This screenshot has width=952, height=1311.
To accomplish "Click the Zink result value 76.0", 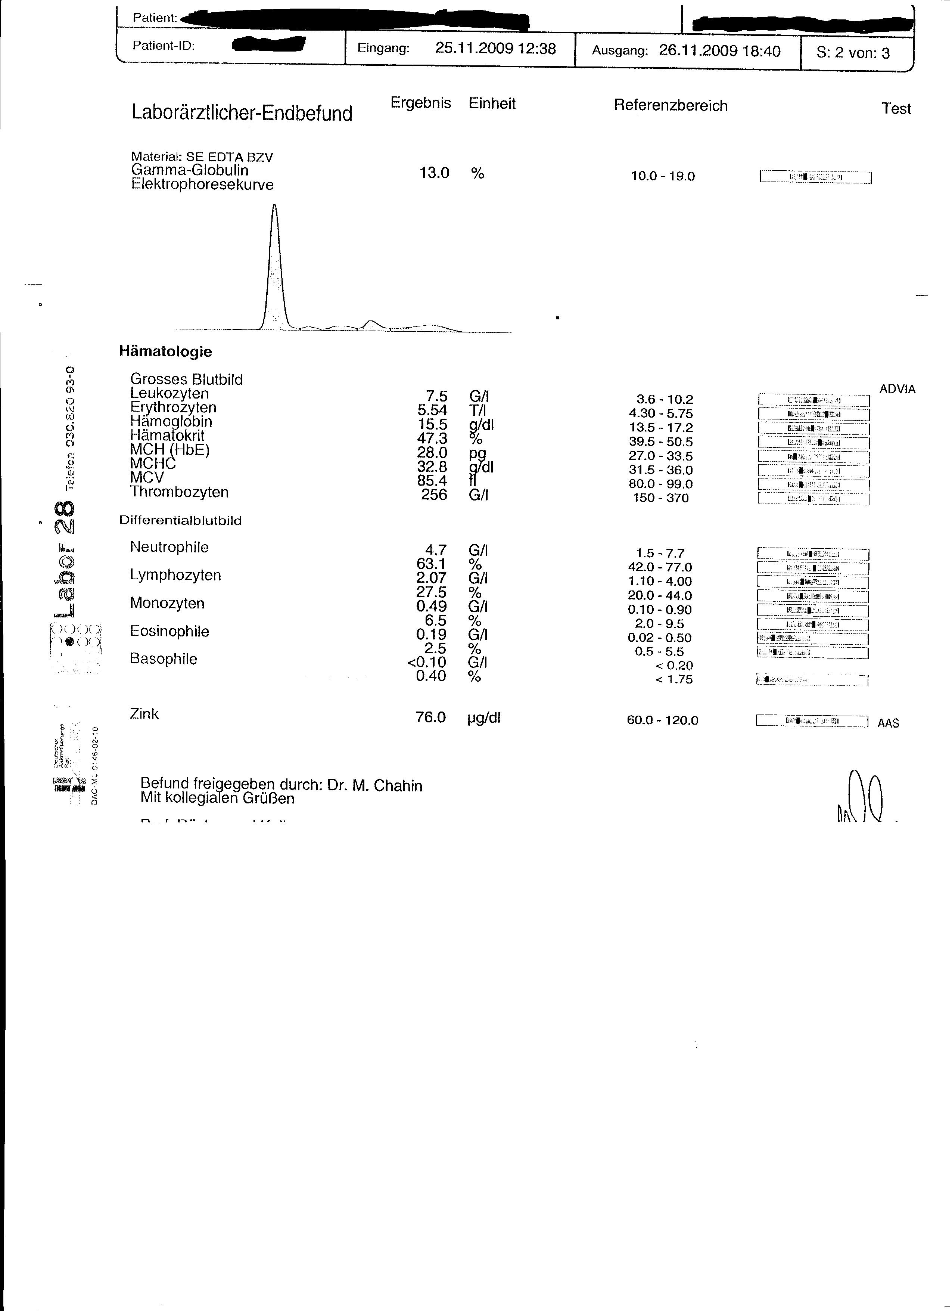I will coord(430,718).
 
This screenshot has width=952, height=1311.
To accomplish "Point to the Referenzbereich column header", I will coord(670,106).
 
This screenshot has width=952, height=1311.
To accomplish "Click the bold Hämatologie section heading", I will coord(165,351).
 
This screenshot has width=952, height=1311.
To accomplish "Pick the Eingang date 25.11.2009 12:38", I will coord(495,49).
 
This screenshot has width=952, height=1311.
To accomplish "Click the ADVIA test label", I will coord(897,390).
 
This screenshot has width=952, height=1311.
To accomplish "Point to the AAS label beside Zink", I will coord(888,723).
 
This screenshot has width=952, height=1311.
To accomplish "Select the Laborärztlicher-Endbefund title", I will coord(242,113).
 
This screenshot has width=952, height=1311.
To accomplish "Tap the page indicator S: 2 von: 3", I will coord(853,53).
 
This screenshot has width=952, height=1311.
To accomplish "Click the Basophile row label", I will coord(164,659).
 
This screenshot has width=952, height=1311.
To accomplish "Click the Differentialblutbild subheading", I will coord(180,521).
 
